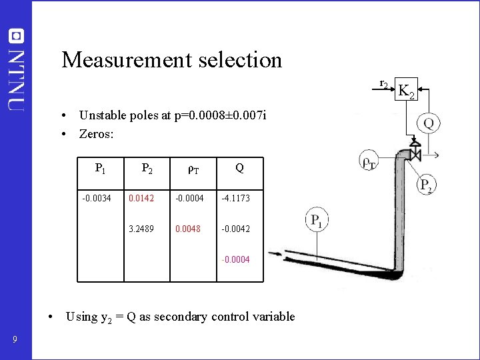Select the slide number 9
tap(15, 341)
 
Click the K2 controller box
tap(406, 90)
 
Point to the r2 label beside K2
tap(383, 84)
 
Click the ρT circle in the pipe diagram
tap(369, 162)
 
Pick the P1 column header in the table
tap(100, 169)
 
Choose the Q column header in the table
tap(239, 169)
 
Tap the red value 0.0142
tap(141, 198)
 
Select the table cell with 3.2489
tap(141, 229)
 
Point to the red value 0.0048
tap(188, 229)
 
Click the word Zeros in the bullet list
tap(96, 134)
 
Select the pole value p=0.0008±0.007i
tap(226, 115)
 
